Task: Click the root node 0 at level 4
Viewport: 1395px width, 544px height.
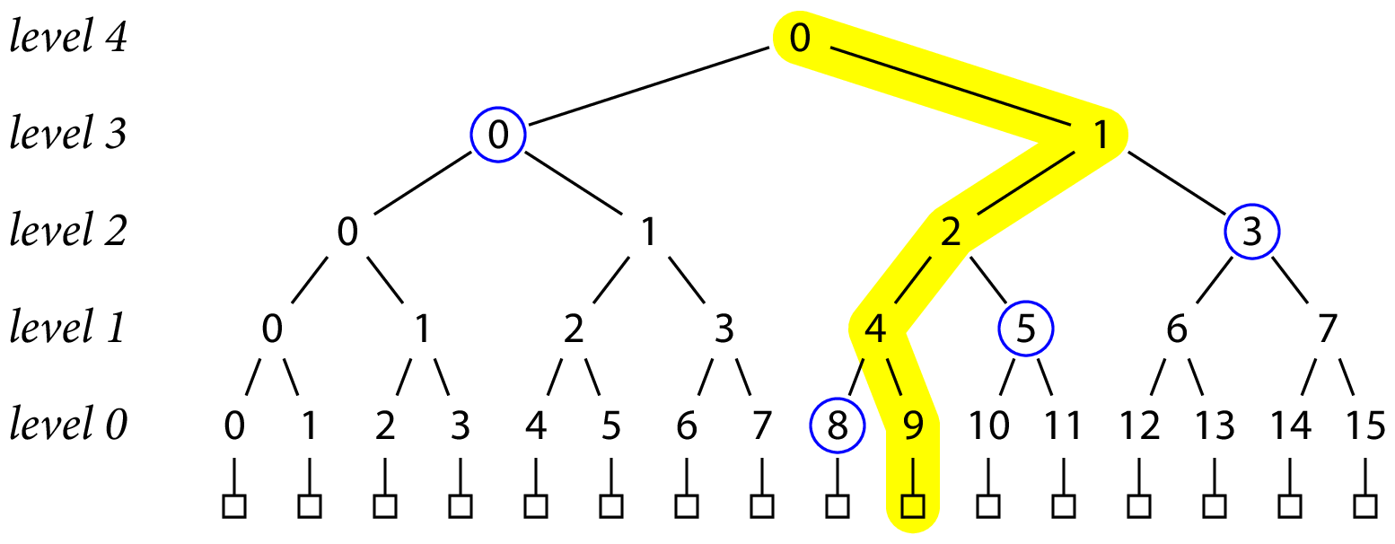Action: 800,39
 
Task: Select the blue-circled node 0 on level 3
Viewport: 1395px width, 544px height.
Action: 498,136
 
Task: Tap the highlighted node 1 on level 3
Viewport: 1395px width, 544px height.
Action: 1101,136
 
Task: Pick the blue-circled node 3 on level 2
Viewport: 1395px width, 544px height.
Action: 1252,233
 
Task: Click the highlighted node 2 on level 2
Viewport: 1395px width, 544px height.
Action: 951,233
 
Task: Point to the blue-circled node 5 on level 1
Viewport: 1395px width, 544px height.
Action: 1026,329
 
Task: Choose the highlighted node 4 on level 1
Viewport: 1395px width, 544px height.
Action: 875,329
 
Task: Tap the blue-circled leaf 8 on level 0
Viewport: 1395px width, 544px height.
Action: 837,426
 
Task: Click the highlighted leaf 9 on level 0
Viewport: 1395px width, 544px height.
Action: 913,426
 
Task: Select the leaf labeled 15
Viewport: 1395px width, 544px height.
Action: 1365,426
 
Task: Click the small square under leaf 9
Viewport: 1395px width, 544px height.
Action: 913,506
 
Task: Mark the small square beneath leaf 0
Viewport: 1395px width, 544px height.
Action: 234,506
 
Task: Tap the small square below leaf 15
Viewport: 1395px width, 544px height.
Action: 1365,506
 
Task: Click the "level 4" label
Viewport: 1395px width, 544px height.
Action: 68,39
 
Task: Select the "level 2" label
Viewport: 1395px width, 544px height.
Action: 68,233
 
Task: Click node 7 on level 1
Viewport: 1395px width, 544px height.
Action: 1328,329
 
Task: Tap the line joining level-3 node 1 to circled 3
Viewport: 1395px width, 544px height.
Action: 1177,184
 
